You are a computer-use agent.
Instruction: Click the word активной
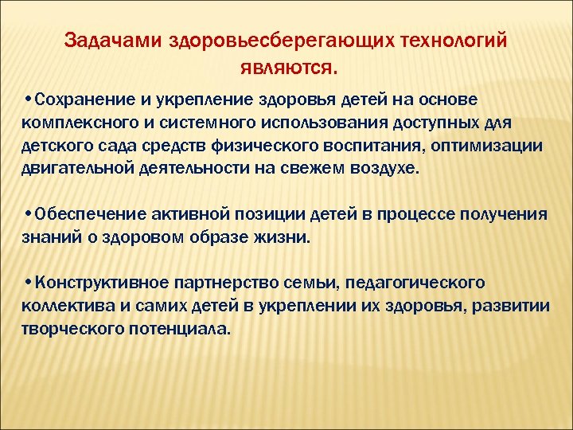click(188, 214)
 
